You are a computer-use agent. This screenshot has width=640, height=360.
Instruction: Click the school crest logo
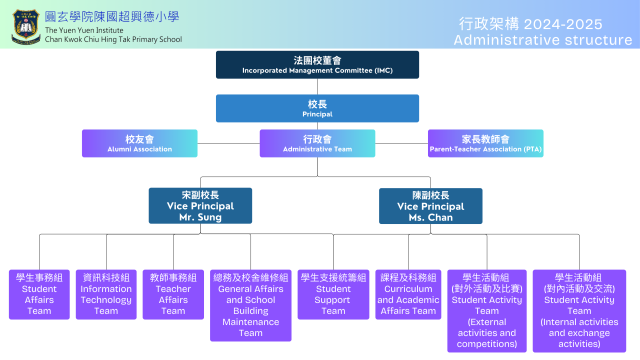[25, 27]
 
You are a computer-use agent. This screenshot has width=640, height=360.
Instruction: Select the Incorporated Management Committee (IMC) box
[317, 65]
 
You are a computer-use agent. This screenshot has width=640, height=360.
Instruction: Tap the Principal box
[317, 108]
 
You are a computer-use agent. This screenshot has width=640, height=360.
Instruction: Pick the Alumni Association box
[139, 143]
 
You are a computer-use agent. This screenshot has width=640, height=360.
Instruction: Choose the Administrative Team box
[317, 143]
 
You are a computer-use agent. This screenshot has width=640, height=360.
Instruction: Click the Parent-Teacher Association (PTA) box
[485, 143]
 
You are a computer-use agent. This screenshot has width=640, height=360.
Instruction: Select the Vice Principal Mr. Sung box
[200, 205]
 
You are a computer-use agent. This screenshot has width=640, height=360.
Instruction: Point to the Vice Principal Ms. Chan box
[430, 206]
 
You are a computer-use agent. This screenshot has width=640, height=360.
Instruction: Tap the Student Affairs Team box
[39, 294]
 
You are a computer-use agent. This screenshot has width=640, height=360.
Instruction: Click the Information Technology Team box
[106, 294]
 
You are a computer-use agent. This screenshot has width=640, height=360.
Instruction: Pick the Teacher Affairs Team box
[173, 294]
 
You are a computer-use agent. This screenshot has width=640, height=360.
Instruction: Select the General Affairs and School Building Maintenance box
[250, 305]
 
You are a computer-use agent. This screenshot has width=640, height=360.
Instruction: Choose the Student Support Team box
[333, 294]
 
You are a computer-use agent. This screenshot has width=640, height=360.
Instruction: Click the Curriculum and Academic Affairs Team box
[408, 294]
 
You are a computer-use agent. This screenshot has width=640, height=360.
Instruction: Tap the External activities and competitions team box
[487, 311]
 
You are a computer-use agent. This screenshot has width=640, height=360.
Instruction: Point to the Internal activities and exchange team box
[579, 311]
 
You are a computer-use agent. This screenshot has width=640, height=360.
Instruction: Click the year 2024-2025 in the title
[563, 24]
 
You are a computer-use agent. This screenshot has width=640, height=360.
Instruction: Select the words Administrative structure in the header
[543, 40]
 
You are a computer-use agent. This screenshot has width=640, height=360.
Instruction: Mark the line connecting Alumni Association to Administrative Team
[228, 143]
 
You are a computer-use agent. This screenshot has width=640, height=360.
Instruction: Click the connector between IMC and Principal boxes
[317, 86]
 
